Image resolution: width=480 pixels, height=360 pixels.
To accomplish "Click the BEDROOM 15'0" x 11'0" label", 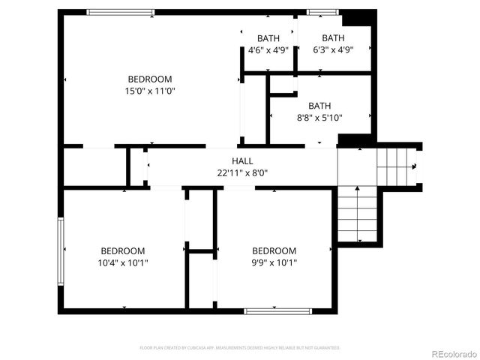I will point(150,85).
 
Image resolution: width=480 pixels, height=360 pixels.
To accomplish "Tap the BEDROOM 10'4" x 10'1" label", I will point(123,256).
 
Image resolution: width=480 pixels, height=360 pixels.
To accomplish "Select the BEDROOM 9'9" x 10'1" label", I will point(274,256).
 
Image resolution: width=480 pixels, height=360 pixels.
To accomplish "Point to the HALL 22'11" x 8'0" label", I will point(242,166).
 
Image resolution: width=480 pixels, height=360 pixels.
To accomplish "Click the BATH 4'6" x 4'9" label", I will point(268,44).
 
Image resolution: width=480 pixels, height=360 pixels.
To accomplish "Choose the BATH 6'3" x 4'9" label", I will point(333,44).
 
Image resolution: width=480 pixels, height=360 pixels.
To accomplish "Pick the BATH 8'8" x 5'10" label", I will point(319,112).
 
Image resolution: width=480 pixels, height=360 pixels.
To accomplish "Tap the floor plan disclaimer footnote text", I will point(240,348).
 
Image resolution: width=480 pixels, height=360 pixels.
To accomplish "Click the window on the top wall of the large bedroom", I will point(121,12).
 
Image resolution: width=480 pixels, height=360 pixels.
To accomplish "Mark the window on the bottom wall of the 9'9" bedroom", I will point(278,310).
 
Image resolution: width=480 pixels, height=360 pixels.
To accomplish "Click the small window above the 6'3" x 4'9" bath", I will point(322,12).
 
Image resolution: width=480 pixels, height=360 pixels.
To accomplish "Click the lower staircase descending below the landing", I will point(358,214).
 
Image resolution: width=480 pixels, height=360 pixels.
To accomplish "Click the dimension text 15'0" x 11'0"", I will point(150,91).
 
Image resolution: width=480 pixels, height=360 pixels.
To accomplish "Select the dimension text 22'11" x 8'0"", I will point(242,172).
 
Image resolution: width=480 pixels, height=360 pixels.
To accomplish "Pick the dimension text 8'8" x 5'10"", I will point(319,118).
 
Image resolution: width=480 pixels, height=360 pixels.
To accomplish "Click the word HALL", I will point(242,160).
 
